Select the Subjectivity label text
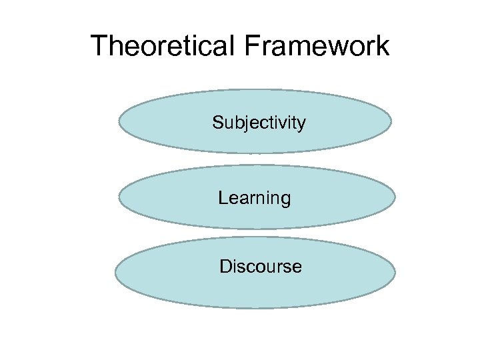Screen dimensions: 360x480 click(259, 123)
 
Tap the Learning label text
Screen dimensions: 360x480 click(254, 198)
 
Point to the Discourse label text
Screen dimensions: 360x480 click(260, 267)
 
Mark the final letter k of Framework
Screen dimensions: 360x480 click(382, 46)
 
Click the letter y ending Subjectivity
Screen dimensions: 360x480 click(302, 125)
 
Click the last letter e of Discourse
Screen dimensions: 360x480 click(297, 268)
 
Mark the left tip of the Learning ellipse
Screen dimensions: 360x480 click(119, 197)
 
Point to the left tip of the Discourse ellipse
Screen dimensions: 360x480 click(115, 273)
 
